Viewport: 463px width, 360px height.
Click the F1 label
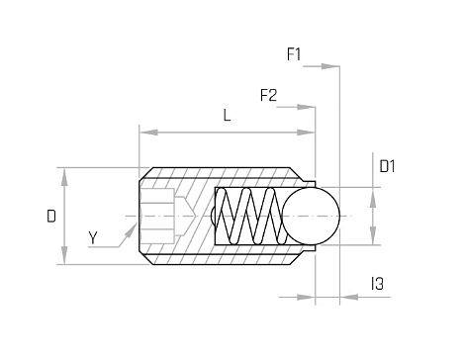click(294, 54)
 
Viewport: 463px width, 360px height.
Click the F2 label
click(268, 95)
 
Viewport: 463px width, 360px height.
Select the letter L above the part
click(227, 116)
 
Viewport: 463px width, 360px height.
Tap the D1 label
click(387, 166)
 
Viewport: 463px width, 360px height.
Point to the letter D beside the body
click(51, 217)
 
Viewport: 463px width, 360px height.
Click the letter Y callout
click(93, 237)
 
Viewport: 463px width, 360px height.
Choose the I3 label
click(378, 284)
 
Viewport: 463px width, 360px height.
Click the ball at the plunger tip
click(311, 216)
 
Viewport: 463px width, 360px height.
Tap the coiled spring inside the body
click(251, 216)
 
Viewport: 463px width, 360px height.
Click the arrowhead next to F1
click(330, 66)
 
